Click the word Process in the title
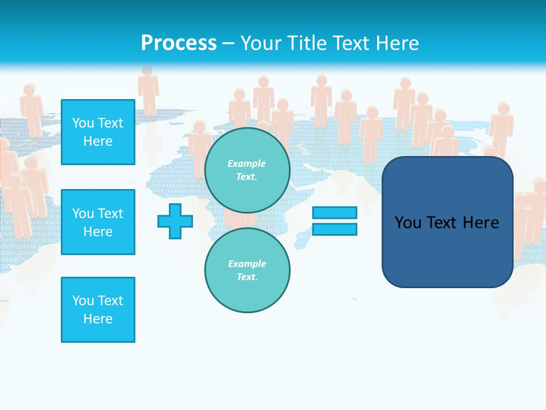pos(179,43)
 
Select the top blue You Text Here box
pos(98,132)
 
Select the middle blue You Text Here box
pos(98,222)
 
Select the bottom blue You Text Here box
pos(98,310)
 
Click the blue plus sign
pos(175,221)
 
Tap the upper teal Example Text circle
pos(247,170)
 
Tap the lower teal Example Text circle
pos(247,270)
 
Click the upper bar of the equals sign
pos(334,213)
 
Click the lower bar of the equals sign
pos(334,229)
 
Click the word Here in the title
pos(396,43)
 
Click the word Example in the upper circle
pos(246,163)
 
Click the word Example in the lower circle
pos(247,264)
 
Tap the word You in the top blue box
pos(83,123)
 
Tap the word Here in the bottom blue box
pos(98,319)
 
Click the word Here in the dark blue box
pos(481,223)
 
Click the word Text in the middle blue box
pos(110,214)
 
